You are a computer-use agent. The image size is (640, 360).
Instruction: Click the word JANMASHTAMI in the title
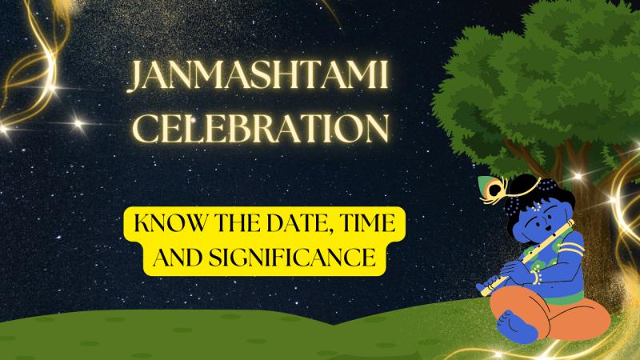pos(258,75)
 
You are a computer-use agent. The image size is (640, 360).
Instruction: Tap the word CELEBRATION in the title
pos(260,128)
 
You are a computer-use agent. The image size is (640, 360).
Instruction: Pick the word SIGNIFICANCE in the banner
pos(292,257)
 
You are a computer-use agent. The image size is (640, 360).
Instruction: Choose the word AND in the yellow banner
pos(178,257)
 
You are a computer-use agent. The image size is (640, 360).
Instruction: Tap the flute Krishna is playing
pos(526,258)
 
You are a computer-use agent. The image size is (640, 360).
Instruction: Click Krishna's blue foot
pos(515,326)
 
